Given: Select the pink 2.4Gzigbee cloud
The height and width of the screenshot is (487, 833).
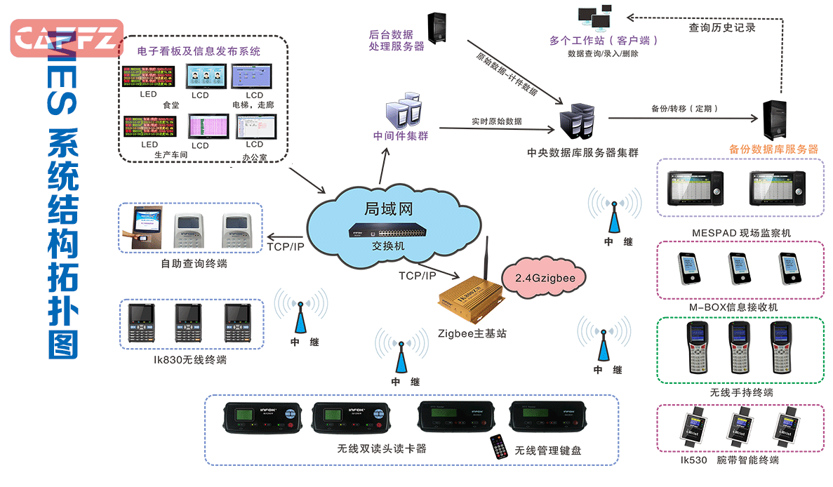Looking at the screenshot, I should click(545, 278).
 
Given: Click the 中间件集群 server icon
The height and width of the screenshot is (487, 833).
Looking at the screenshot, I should click(402, 112).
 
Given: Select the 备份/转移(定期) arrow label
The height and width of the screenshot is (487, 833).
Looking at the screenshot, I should click(684, 109).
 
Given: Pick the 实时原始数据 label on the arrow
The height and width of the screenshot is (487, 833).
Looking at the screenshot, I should click(496, 121).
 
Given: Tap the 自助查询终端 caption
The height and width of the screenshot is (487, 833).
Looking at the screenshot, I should click(194, 264).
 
